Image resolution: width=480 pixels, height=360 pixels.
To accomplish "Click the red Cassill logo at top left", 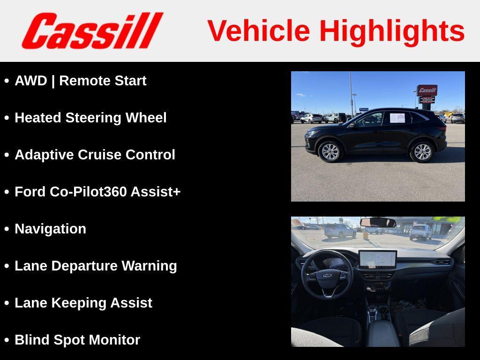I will (x=92, y=30).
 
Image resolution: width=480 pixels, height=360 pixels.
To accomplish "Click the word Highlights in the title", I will (x=392, y=31).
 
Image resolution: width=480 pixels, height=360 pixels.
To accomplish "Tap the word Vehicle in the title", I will (x=258, y=31).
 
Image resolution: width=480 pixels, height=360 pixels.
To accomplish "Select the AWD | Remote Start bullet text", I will (x=80, y=81).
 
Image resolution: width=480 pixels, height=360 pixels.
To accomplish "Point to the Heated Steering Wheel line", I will (x=90, y=118).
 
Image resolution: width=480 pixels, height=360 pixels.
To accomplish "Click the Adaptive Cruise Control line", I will (x=95, y=155).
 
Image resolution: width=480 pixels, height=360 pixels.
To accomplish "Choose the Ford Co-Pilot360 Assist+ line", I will (x=97, y=192).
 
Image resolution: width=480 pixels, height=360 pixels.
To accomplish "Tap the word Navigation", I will (x=50, y=229).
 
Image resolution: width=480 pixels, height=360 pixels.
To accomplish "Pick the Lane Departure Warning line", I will (x=96, y=266).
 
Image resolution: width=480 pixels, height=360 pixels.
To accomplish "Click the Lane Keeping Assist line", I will (x=83, y=303).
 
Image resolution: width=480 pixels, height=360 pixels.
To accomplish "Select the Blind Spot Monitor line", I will (x=77, y=340).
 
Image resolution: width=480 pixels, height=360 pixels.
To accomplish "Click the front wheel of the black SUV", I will (x=330, y=151).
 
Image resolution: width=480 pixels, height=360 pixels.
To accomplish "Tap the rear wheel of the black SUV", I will (x=422, y=151).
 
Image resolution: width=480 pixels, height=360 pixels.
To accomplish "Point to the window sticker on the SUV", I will (x=397, y=118).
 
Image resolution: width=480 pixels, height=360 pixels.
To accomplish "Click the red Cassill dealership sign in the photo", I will (x=427, y=90).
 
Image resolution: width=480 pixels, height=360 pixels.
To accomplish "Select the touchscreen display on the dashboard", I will (x=377, y=259).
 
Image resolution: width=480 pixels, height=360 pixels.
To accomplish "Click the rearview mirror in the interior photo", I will (x=377, y=222).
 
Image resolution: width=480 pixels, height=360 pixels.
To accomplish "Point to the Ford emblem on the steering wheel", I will (x=327, y=276).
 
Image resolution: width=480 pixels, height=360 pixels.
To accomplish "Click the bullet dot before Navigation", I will (x=7, y=229).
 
